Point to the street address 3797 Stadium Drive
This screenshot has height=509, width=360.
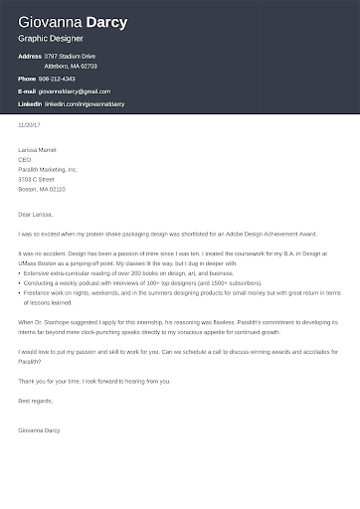click(71, 57)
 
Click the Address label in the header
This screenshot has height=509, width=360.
click(29, 57)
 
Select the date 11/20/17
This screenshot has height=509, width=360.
click(28, 124)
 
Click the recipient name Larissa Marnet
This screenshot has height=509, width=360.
click(38, 150)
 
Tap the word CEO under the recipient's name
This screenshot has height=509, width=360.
click(24, 159)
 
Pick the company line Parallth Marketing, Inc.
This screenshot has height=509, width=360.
click(48, 168)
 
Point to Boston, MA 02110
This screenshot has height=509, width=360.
click(42, 186)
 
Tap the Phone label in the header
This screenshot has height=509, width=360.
click(27, 78)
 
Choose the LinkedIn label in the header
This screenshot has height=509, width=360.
click(30, 103)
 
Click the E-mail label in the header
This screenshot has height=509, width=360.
click(27, 90)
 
